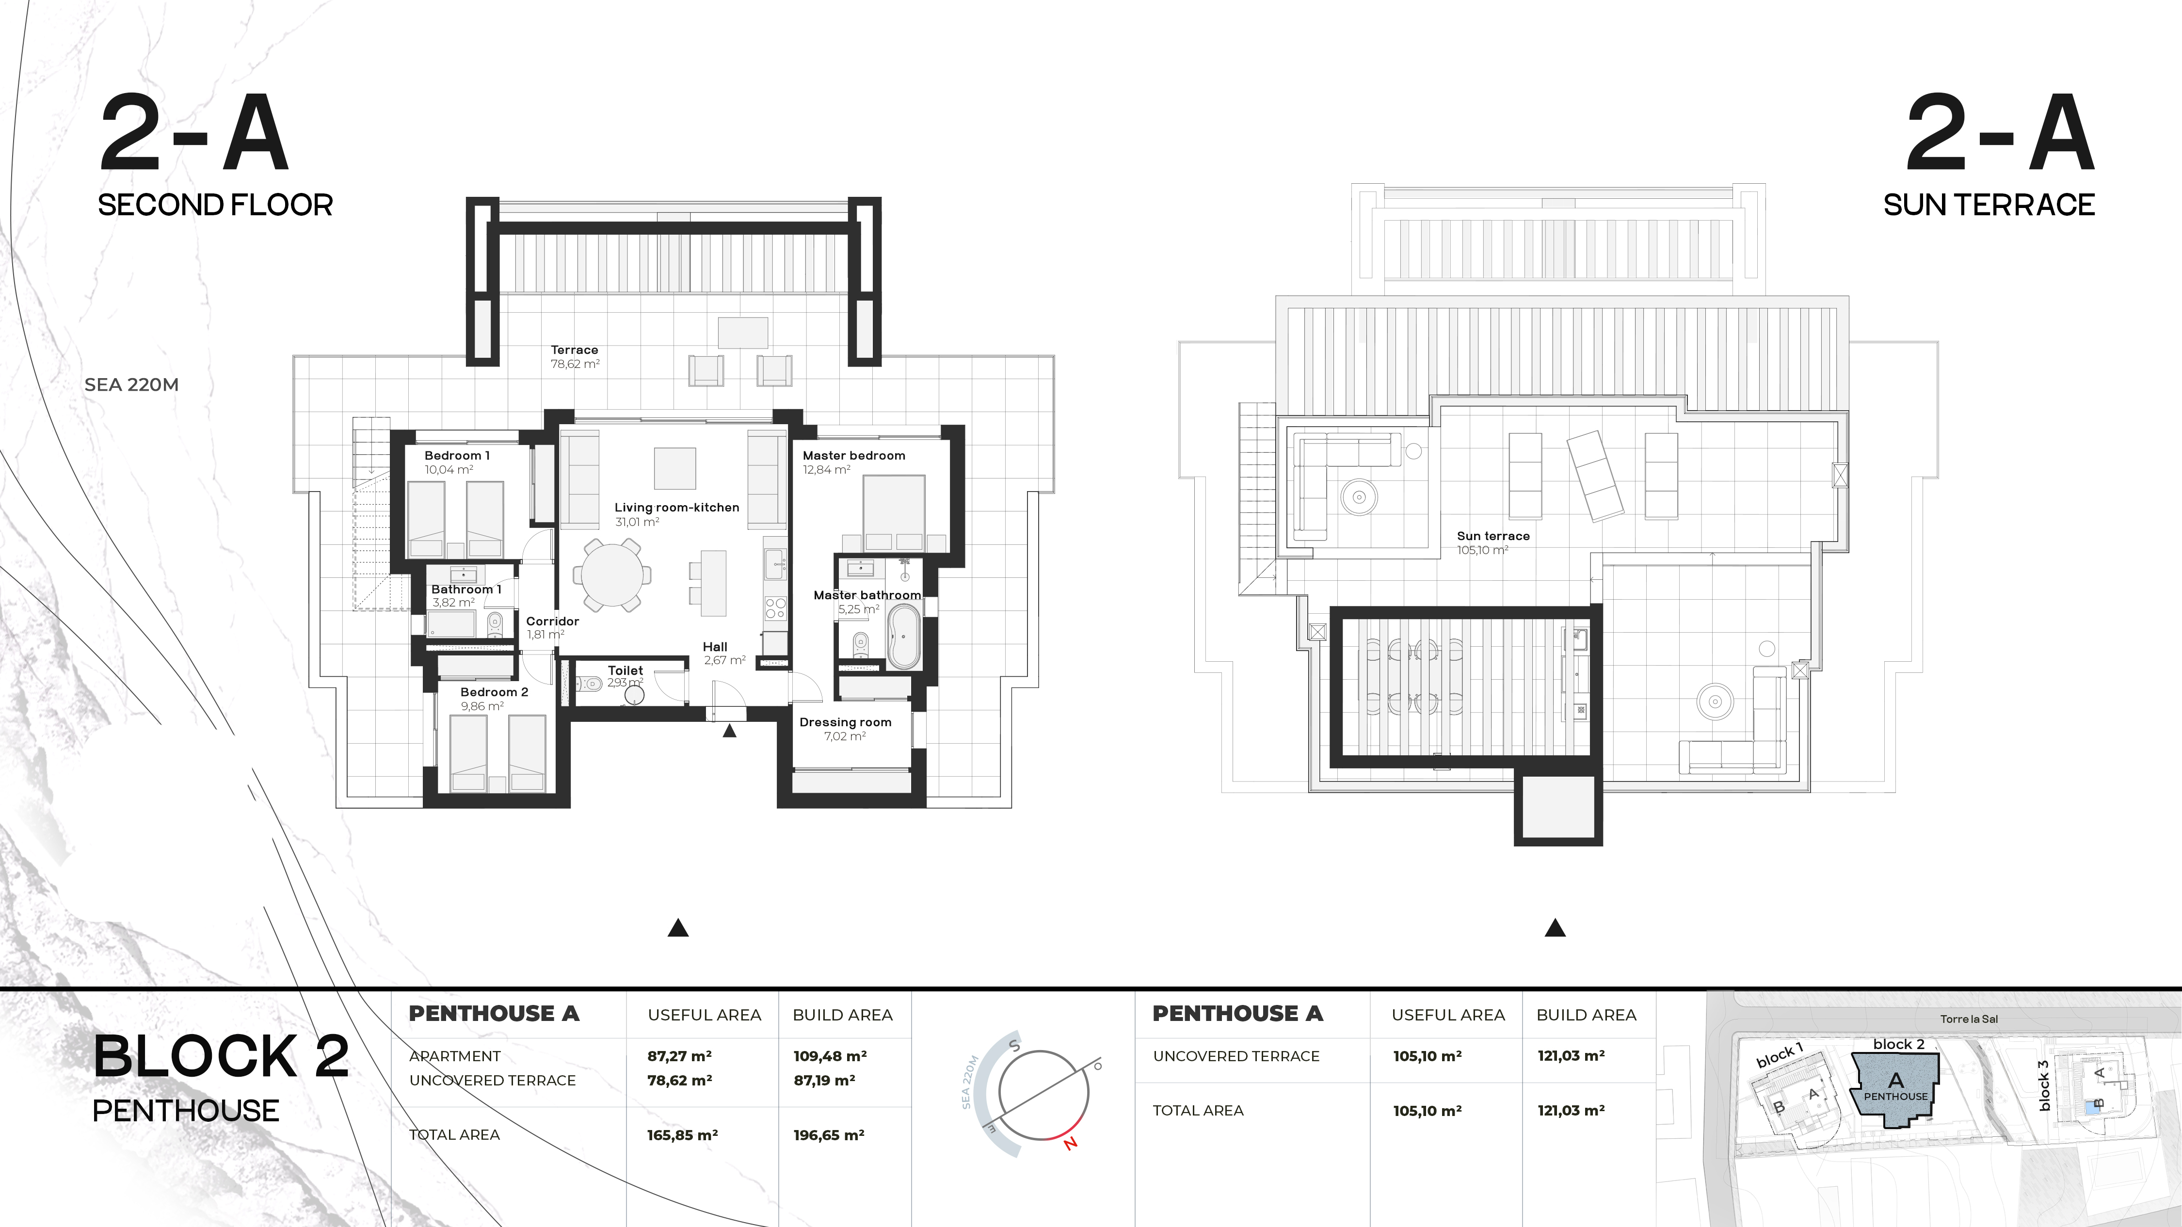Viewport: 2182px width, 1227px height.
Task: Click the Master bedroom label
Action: click(x=854, y=456)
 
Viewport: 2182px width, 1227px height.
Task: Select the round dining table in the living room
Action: click(x=611, y=575)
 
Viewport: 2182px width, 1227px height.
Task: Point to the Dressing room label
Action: click(x=845, y=722)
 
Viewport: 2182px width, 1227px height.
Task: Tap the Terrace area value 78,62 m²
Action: click(x=575, y=364)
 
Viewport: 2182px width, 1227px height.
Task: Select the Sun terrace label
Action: click(x=1493, y=536)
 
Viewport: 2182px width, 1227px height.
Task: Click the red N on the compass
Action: click(x=1071, y=1143)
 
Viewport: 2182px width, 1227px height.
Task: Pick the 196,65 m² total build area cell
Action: click(x=828, y=1135)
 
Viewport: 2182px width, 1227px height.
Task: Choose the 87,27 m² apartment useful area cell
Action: click(x=679, y=1056)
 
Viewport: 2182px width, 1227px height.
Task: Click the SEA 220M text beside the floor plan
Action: click(x=131, y=384)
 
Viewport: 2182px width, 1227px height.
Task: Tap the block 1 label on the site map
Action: click(x=1780, y=1055)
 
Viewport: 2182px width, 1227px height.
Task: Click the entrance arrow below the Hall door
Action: click(x=729, y=731)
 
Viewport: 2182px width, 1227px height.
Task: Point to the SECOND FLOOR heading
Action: click(x=215, y=205)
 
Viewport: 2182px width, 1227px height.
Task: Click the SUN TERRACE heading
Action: click(x=1989, y=205)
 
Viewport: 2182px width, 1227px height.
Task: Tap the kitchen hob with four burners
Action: click(x=775, y=608)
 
